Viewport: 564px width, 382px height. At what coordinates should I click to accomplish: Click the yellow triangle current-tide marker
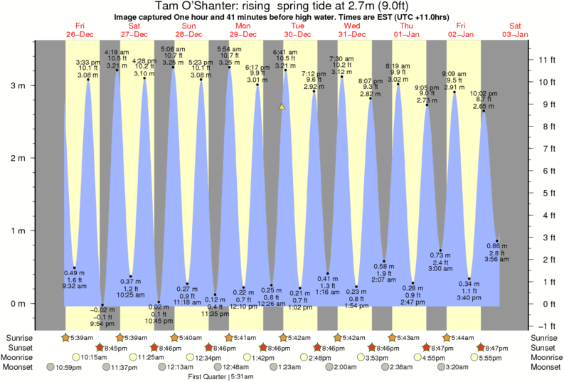pos(282,107)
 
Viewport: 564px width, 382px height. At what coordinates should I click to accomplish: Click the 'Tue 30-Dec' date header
pos(297,30)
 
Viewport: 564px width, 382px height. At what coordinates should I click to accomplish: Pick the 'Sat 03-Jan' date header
pos(515,30)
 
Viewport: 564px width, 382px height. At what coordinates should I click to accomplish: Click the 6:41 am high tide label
pos(285,52)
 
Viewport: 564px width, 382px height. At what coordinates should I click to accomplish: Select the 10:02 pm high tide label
pos(484,93)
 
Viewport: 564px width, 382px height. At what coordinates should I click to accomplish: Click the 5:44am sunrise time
pos(462,337)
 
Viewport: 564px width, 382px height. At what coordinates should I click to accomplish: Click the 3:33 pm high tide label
pos(87,63)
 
